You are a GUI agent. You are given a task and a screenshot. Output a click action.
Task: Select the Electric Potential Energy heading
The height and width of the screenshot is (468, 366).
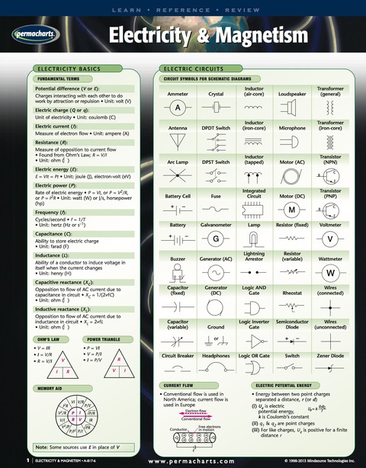click(x=289, y=386)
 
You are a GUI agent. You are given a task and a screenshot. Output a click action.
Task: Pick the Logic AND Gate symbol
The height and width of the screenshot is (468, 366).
click(x=254, y=307)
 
